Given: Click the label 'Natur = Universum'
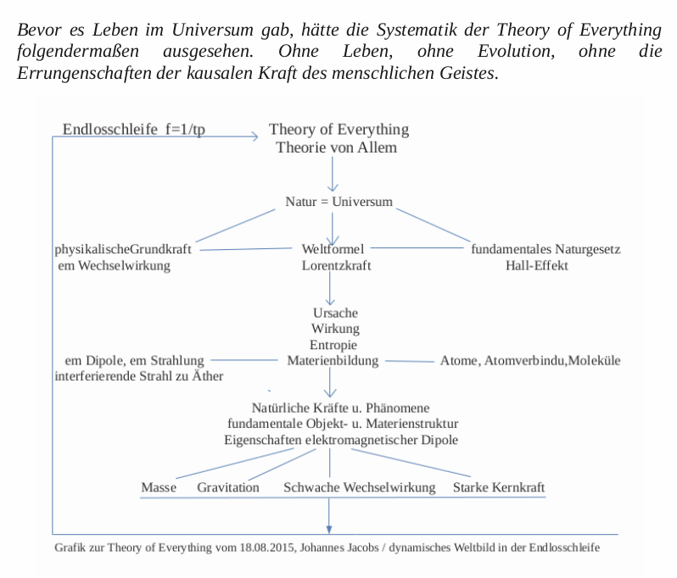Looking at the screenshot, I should (339, 203).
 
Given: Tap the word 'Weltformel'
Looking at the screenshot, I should (333, 249).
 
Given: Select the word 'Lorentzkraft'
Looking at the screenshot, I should (336, 265).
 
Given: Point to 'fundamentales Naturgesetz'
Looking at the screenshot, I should (546, 249).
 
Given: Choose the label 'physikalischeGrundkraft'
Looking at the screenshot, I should (122, 249).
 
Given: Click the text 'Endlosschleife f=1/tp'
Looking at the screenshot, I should (134, 130).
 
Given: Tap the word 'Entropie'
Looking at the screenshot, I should (333, 344).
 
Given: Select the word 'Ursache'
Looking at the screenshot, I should (335, 313).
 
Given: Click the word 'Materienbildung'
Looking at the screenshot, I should (335, 360).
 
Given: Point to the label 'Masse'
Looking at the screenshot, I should (159, 488).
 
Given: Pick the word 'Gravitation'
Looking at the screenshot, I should (228, 488).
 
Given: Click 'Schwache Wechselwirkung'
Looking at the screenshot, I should (360, 488).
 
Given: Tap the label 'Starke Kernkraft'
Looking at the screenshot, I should (499, 488).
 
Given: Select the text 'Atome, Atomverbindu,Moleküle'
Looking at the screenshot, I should (530, 360).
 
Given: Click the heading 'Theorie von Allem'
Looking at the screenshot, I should (337, 147).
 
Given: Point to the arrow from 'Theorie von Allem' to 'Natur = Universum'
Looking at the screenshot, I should (333, 175).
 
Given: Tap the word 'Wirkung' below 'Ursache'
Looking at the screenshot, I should (335, 329).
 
